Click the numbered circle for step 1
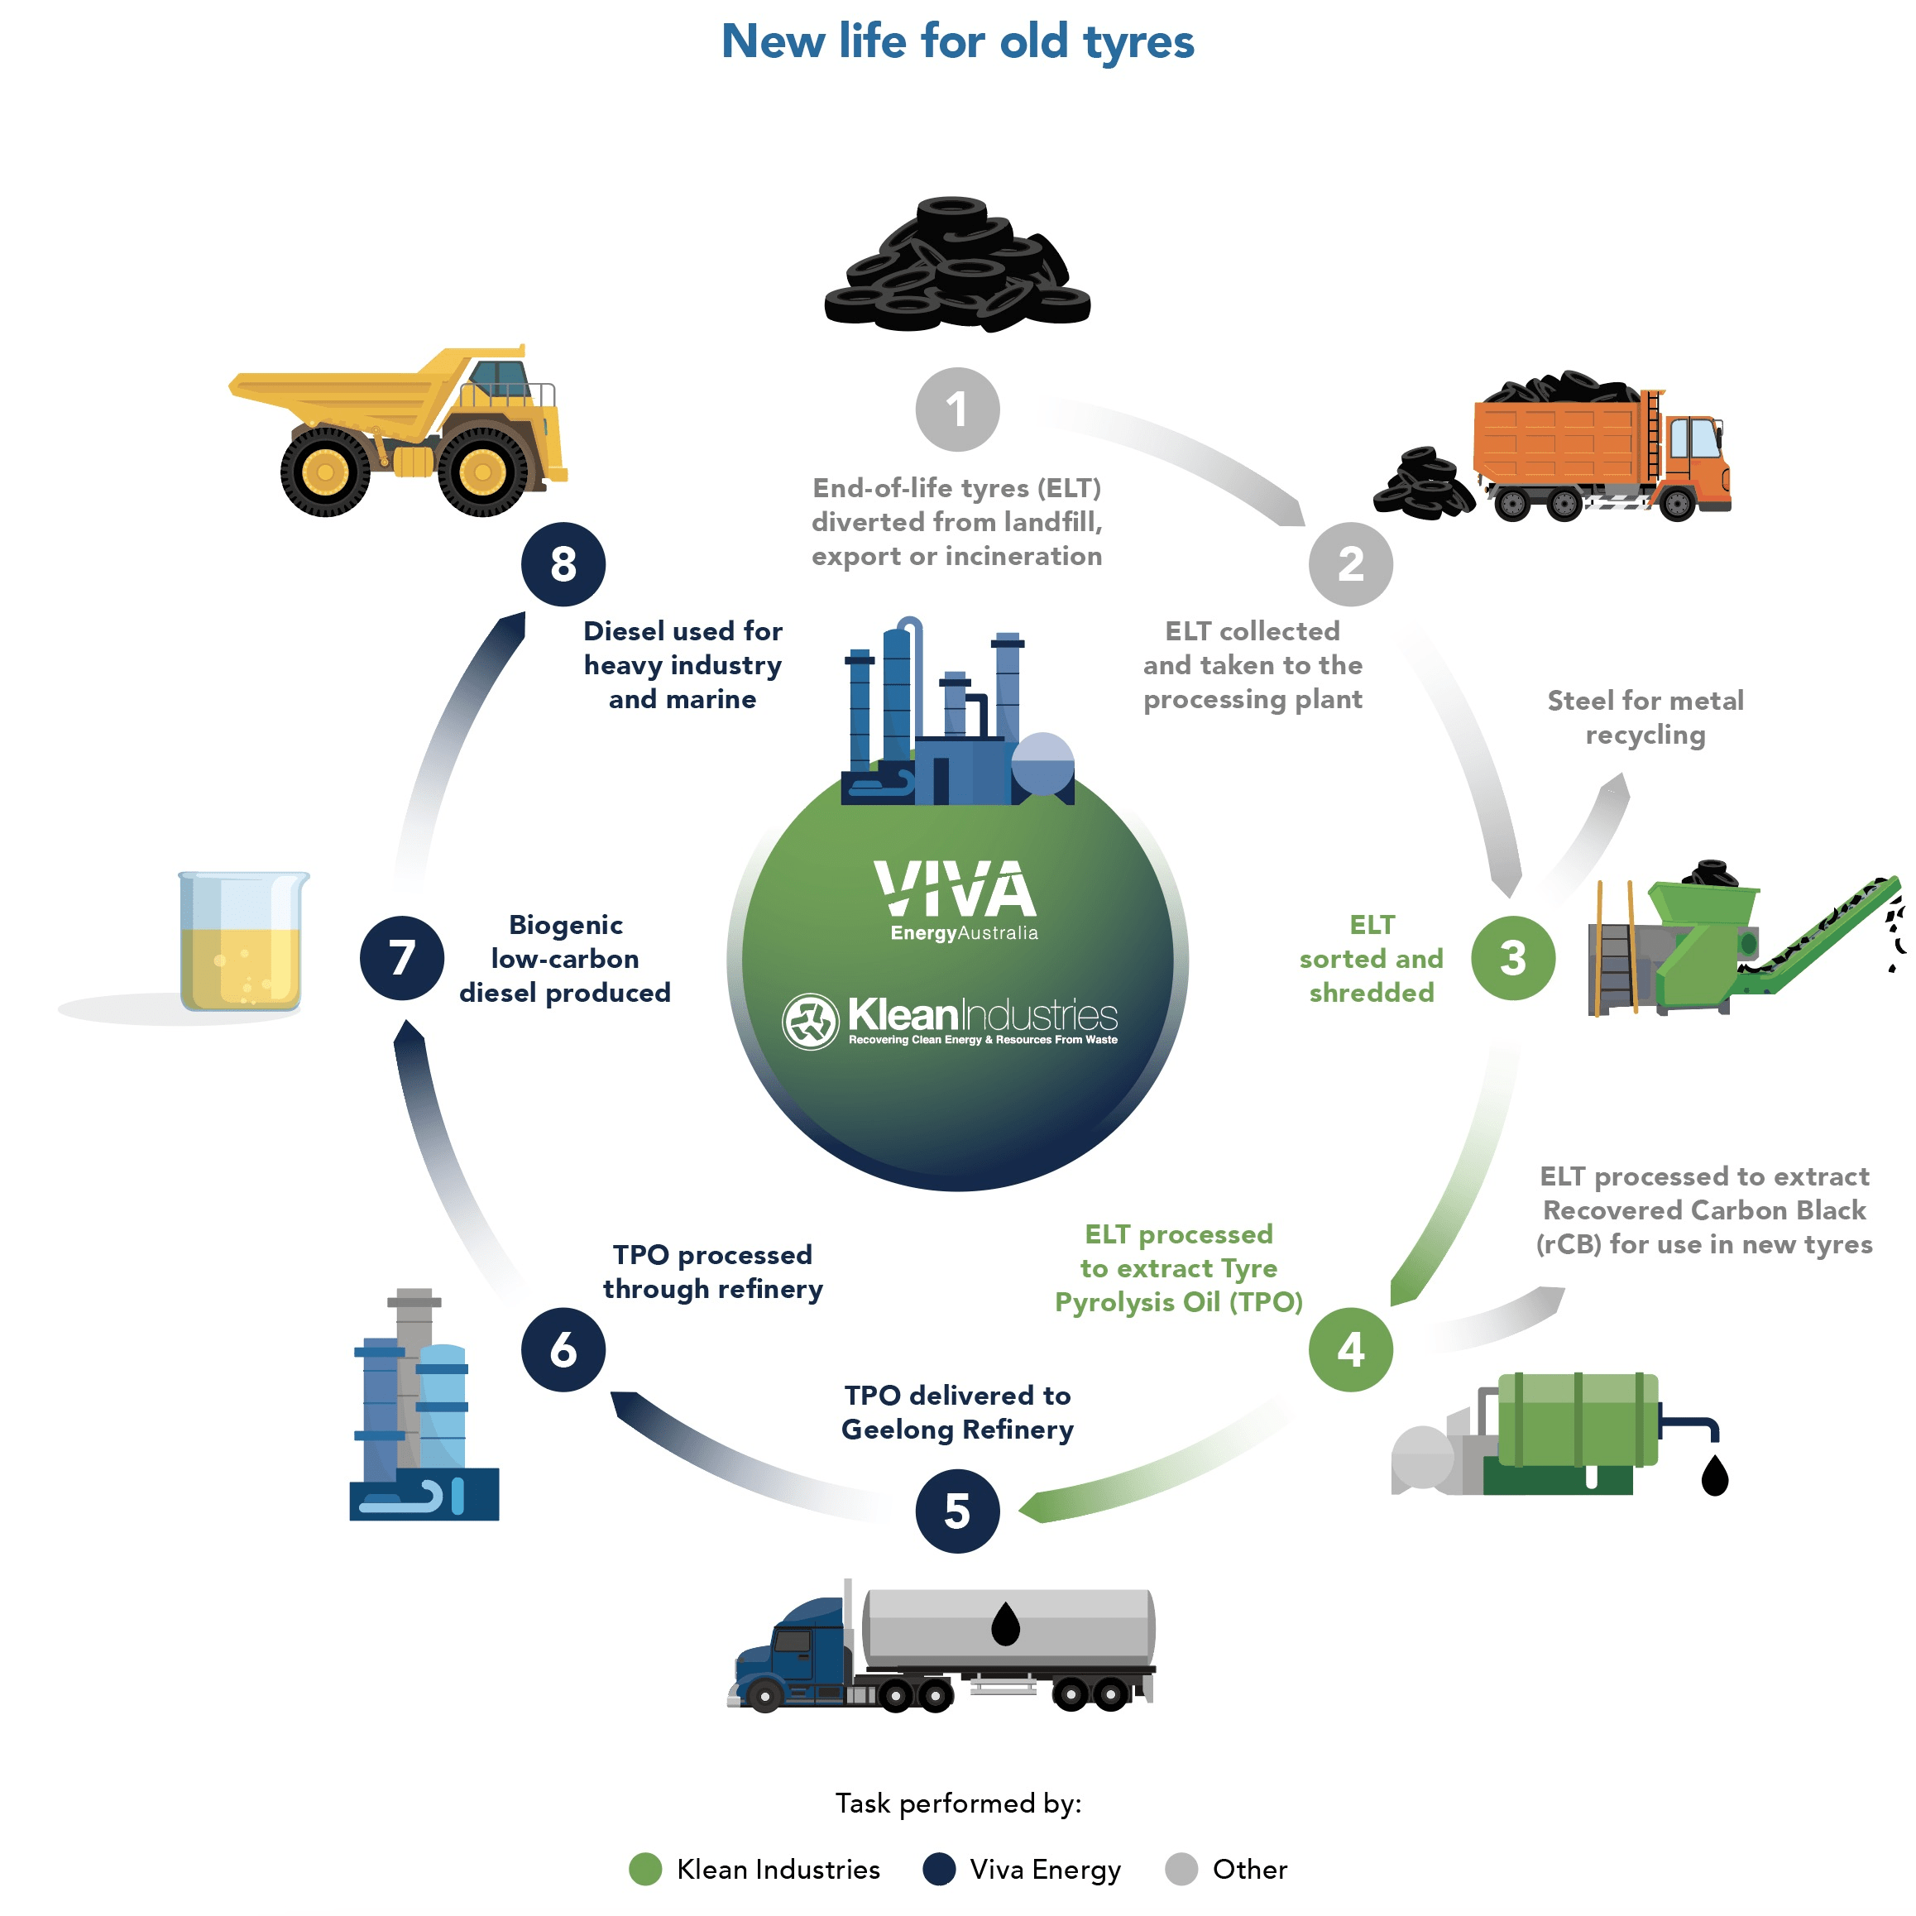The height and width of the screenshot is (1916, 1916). click(957, 409)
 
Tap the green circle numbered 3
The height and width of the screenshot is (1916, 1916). click(1512, 958)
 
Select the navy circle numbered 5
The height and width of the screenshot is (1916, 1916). click(957, 1511)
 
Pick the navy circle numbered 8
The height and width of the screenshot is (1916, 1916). click(563, 564)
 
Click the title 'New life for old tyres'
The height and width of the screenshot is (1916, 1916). click(957, 41)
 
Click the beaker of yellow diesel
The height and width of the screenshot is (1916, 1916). click(242, 942)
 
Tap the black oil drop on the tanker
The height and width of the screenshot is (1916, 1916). click(1006, 1625)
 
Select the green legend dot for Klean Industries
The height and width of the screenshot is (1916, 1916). click(645, 1870)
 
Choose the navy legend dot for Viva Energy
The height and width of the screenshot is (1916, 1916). click(938, 1870)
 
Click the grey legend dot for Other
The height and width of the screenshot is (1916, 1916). click(1181, 1870)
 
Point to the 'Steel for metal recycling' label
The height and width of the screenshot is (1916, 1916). click(1645, 717)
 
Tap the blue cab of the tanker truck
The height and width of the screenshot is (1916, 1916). click(798, 1652)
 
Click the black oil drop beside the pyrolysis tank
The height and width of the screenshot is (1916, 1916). click(1715, 1476)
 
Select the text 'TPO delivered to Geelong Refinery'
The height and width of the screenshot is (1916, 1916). click(957, 1412)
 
